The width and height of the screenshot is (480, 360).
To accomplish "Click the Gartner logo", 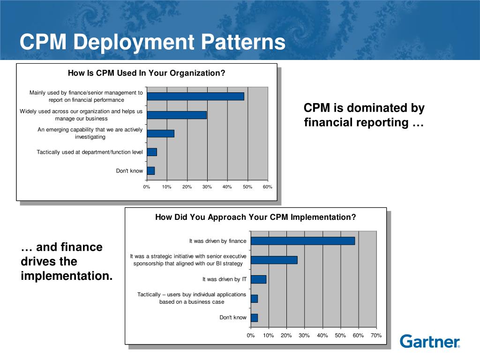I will [430, 341].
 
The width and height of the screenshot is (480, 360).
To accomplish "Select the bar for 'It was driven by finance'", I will [303, 241].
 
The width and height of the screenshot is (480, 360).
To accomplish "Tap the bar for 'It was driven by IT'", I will [258, 279].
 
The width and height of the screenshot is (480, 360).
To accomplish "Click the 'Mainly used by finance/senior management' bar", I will [195, 96].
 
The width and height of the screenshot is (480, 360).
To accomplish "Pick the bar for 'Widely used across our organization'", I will [177, 115].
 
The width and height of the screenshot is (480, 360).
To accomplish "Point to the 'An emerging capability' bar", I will [160, 133].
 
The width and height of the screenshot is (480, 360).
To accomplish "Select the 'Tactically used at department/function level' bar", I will [152, 152].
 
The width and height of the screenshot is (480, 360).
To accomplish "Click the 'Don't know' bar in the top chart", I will [150, 171].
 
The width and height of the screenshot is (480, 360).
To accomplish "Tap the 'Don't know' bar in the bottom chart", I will [254, 318].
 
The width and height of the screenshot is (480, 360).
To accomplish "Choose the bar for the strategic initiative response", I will [274, 260].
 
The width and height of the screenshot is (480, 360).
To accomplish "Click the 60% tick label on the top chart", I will [267, 187].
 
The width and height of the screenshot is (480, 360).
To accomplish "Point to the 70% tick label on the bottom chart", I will [376, 336].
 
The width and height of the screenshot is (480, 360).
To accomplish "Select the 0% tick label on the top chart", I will [147, 187].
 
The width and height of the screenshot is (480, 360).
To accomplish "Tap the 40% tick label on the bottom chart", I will [322, 336].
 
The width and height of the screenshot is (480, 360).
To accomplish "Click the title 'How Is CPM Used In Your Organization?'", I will [147, 73].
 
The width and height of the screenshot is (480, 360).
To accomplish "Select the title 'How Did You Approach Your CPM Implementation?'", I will [255, 217].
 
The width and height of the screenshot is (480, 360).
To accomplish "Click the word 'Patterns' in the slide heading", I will [243, 43].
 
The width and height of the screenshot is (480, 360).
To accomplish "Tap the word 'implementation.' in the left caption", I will [67, 276].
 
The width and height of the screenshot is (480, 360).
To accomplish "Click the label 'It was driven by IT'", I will [224, 279].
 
